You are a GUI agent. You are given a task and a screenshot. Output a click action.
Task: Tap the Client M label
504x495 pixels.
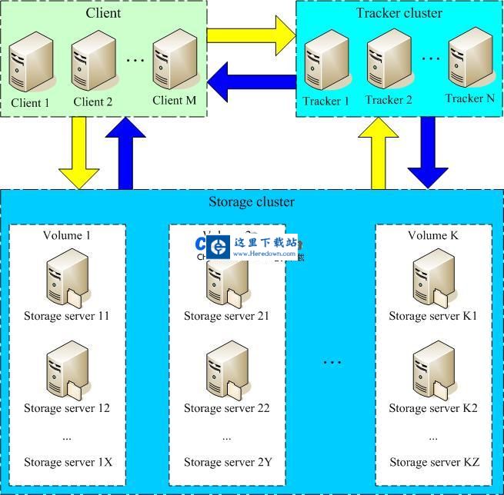point(175,101)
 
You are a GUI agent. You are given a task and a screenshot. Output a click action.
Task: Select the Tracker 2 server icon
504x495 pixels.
point(387,64)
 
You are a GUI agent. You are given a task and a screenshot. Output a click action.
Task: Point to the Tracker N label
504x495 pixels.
point(470,98)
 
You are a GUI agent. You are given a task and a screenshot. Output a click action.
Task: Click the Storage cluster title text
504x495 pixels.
point(252,202)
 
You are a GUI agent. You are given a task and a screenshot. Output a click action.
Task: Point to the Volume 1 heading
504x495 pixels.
point(66,235)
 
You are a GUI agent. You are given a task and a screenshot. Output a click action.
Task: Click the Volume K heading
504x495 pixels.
point(433,235)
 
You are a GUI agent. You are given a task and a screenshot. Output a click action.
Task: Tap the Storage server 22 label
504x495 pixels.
point(227,408)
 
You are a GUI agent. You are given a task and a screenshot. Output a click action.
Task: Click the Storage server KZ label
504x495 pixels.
point(434,462)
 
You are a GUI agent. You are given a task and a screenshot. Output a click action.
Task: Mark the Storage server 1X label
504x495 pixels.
point(68,462)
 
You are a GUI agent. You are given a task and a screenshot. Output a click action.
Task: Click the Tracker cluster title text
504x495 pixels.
point(399,13)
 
